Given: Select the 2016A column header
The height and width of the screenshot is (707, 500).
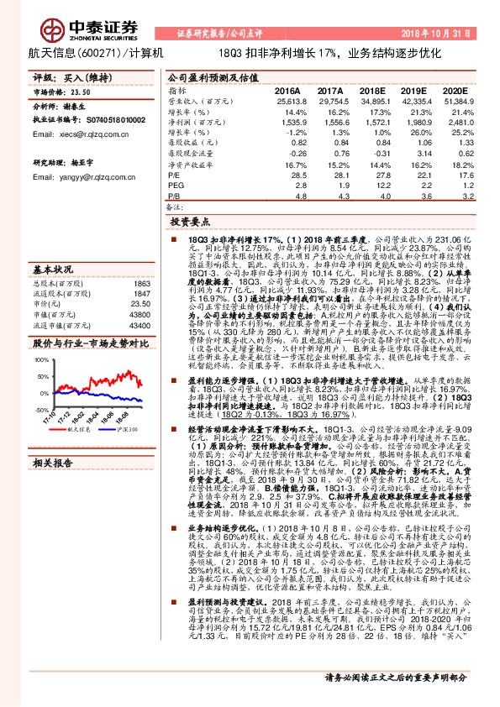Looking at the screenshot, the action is pyautogui.click(x=287, y=91).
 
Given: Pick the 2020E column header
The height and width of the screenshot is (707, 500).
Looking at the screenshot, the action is pyautogui.click(x=453, y=91).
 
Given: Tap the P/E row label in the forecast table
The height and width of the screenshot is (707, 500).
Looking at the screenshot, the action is pyautogui.click(x=174, y=175).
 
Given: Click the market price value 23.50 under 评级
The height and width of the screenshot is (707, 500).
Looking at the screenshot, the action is pyautogui.click(x=81, y=93).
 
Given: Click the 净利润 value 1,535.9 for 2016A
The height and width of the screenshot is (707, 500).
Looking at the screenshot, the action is pyautogui.click(x=287, y=121).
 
